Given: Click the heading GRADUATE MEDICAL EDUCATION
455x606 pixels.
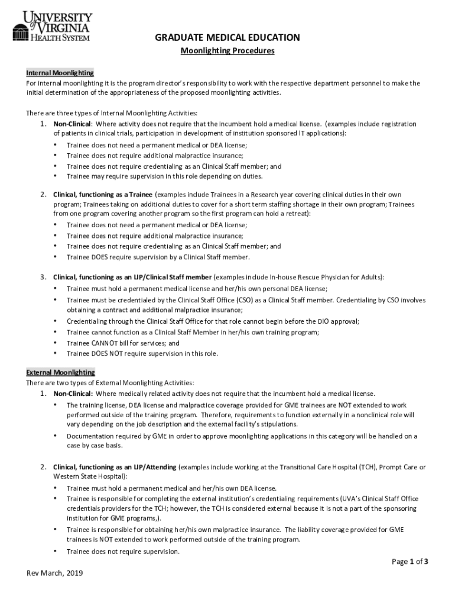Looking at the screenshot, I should click(227, 38).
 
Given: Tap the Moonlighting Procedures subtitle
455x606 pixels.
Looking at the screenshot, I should click(227, 51).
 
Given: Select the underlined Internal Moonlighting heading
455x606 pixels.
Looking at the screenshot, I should click(60, 73).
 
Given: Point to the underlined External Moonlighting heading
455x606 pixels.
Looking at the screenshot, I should click(60, 372).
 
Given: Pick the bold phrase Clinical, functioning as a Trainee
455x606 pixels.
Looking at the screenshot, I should click(103, 194).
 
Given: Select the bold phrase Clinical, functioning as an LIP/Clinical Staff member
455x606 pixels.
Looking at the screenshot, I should click(132, 277).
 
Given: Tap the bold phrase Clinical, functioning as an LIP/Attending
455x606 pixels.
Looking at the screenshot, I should click(115, 467).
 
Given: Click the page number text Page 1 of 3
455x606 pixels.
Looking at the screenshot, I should click(410, 562).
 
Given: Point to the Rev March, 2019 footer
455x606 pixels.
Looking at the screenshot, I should click(55, 573).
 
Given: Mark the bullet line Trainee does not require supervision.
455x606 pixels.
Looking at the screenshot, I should click(123, 552).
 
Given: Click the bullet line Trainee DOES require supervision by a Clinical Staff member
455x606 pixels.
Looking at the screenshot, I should click(158, 257).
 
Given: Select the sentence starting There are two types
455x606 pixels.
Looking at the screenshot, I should click(110, 383).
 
